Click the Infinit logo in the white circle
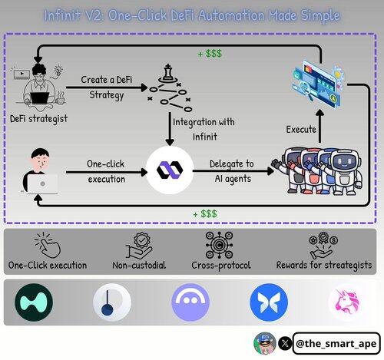coord(170,170)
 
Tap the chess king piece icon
coord(168,73)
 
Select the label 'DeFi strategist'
coord(38,119)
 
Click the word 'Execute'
coord(301,129)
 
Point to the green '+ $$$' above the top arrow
coord(210,54)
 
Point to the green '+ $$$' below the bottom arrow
coord(205,213)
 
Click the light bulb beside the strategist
coord(58,71)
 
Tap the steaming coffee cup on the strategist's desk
coord(60,98)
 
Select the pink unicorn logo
coord(347,302)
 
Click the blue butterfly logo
coord(269,302)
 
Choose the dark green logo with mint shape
coord(34,302)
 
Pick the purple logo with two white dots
coord(190,302)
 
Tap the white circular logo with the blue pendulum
coord(112,302)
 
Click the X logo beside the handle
coord(285,343)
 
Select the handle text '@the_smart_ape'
coord(336,344)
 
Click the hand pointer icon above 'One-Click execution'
coord(48,244)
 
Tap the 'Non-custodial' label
coord(139,266)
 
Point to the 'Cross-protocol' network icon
coord(220,245)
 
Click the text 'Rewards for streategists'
coord(324,266)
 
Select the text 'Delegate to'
coord(232,164)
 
